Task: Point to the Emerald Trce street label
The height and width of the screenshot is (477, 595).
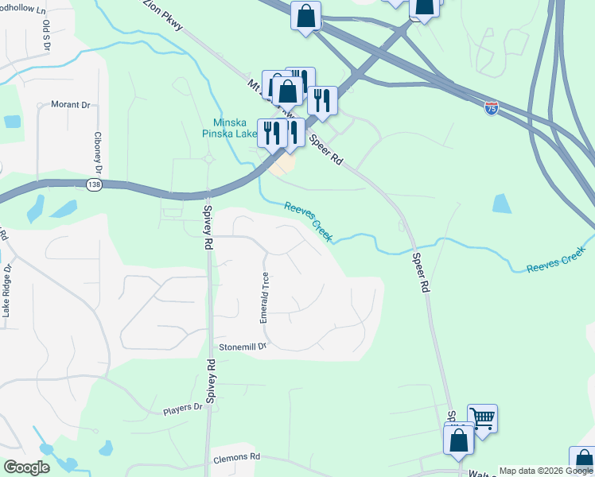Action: pos(264,297)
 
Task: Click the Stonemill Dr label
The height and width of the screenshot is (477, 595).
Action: pos(242,347)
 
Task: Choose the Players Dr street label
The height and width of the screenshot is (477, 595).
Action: pos(183,408)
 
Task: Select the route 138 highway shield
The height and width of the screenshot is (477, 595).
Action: pos(93,184)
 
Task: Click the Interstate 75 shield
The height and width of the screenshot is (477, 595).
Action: pos(492,108)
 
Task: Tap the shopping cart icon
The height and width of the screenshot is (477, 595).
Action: pos(482,417)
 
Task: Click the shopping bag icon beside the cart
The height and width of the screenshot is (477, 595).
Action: pos(459,440)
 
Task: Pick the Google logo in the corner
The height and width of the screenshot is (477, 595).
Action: pos(26,467)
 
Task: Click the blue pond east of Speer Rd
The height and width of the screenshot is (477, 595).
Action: pos(502,204)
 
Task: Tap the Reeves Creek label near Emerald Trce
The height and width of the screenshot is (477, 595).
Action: pos(309,220)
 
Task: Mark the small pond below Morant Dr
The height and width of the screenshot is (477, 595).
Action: pos(12,122)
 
